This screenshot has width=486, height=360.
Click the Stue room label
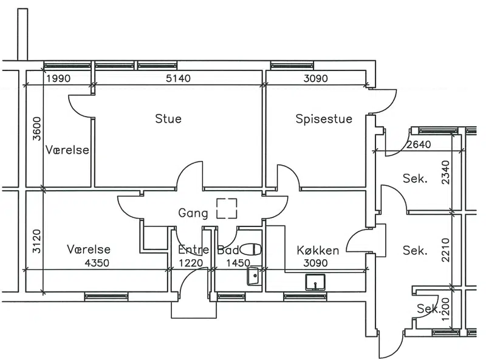168,118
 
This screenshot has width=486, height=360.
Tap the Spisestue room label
324,118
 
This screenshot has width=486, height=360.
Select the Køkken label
318,250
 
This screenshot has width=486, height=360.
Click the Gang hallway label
193,213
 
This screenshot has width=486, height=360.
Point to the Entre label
194,250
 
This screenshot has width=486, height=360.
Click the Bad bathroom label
228,250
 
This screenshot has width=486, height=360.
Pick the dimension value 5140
179,78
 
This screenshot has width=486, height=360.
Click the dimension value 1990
59,78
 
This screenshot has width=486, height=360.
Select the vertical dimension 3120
36,241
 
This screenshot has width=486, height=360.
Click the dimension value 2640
419,144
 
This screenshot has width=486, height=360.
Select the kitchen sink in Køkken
315,282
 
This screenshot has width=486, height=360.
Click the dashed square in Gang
227,208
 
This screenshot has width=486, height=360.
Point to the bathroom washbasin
253,277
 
